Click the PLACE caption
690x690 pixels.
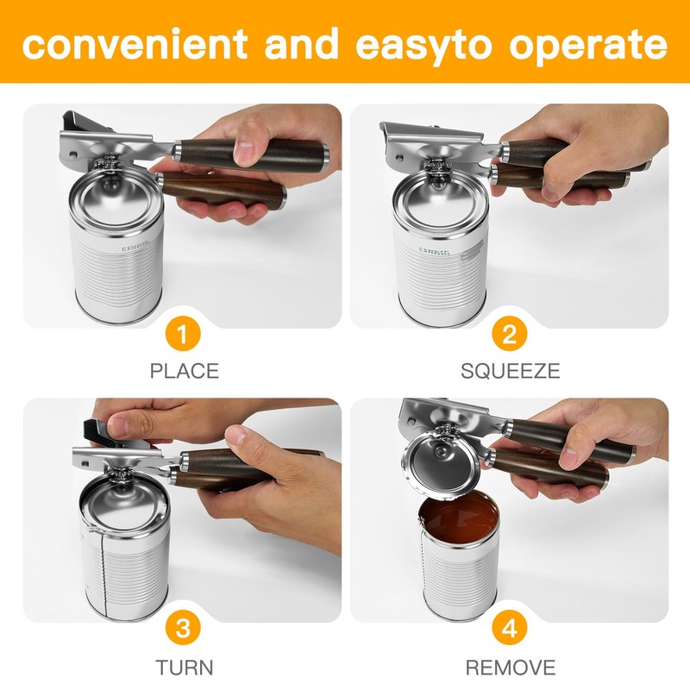[x=184, y=372]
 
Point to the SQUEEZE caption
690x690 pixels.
[x=510, y=372]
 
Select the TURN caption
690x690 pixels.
[x=184, y=667]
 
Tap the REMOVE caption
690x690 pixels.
[x=510, y=667]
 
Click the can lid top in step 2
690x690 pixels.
[x=436, y=194]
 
